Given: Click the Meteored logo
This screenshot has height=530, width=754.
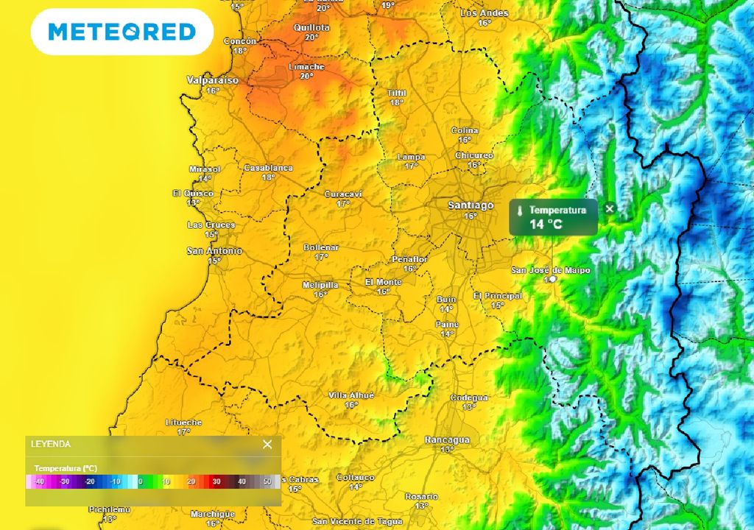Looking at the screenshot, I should point(121,32).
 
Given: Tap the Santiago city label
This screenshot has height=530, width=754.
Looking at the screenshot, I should point(471,205).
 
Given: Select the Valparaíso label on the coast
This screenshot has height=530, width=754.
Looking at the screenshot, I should point(213,80).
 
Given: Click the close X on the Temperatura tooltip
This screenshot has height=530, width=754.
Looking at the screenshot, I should point(609,209).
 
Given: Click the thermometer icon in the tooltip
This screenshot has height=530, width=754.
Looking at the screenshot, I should point(520,211).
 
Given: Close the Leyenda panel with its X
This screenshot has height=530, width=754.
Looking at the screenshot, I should point(267,444).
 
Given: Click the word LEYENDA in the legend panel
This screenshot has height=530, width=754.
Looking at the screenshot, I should point(51,444).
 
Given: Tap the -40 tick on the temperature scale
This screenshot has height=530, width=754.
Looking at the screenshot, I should point(40,482).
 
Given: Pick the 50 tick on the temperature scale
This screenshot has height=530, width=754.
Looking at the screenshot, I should point(267,482).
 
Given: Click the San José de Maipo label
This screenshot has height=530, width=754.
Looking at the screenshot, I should point(551,270).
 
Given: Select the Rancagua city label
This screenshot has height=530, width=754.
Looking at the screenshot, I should point(447,439).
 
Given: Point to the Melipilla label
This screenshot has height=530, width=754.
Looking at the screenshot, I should point(320,285).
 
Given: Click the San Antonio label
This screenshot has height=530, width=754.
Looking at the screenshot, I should point(214,251).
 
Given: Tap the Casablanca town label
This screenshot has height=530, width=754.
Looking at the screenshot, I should point(268,168).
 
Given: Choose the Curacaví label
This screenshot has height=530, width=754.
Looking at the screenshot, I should point(343,194).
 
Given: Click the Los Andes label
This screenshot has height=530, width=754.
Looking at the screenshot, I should point(485,13).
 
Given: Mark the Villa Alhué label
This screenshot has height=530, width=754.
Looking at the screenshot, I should point(351,395).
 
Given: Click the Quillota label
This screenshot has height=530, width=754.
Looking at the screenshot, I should point(311,27).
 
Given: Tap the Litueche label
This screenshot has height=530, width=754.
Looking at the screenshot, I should point(183,422).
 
